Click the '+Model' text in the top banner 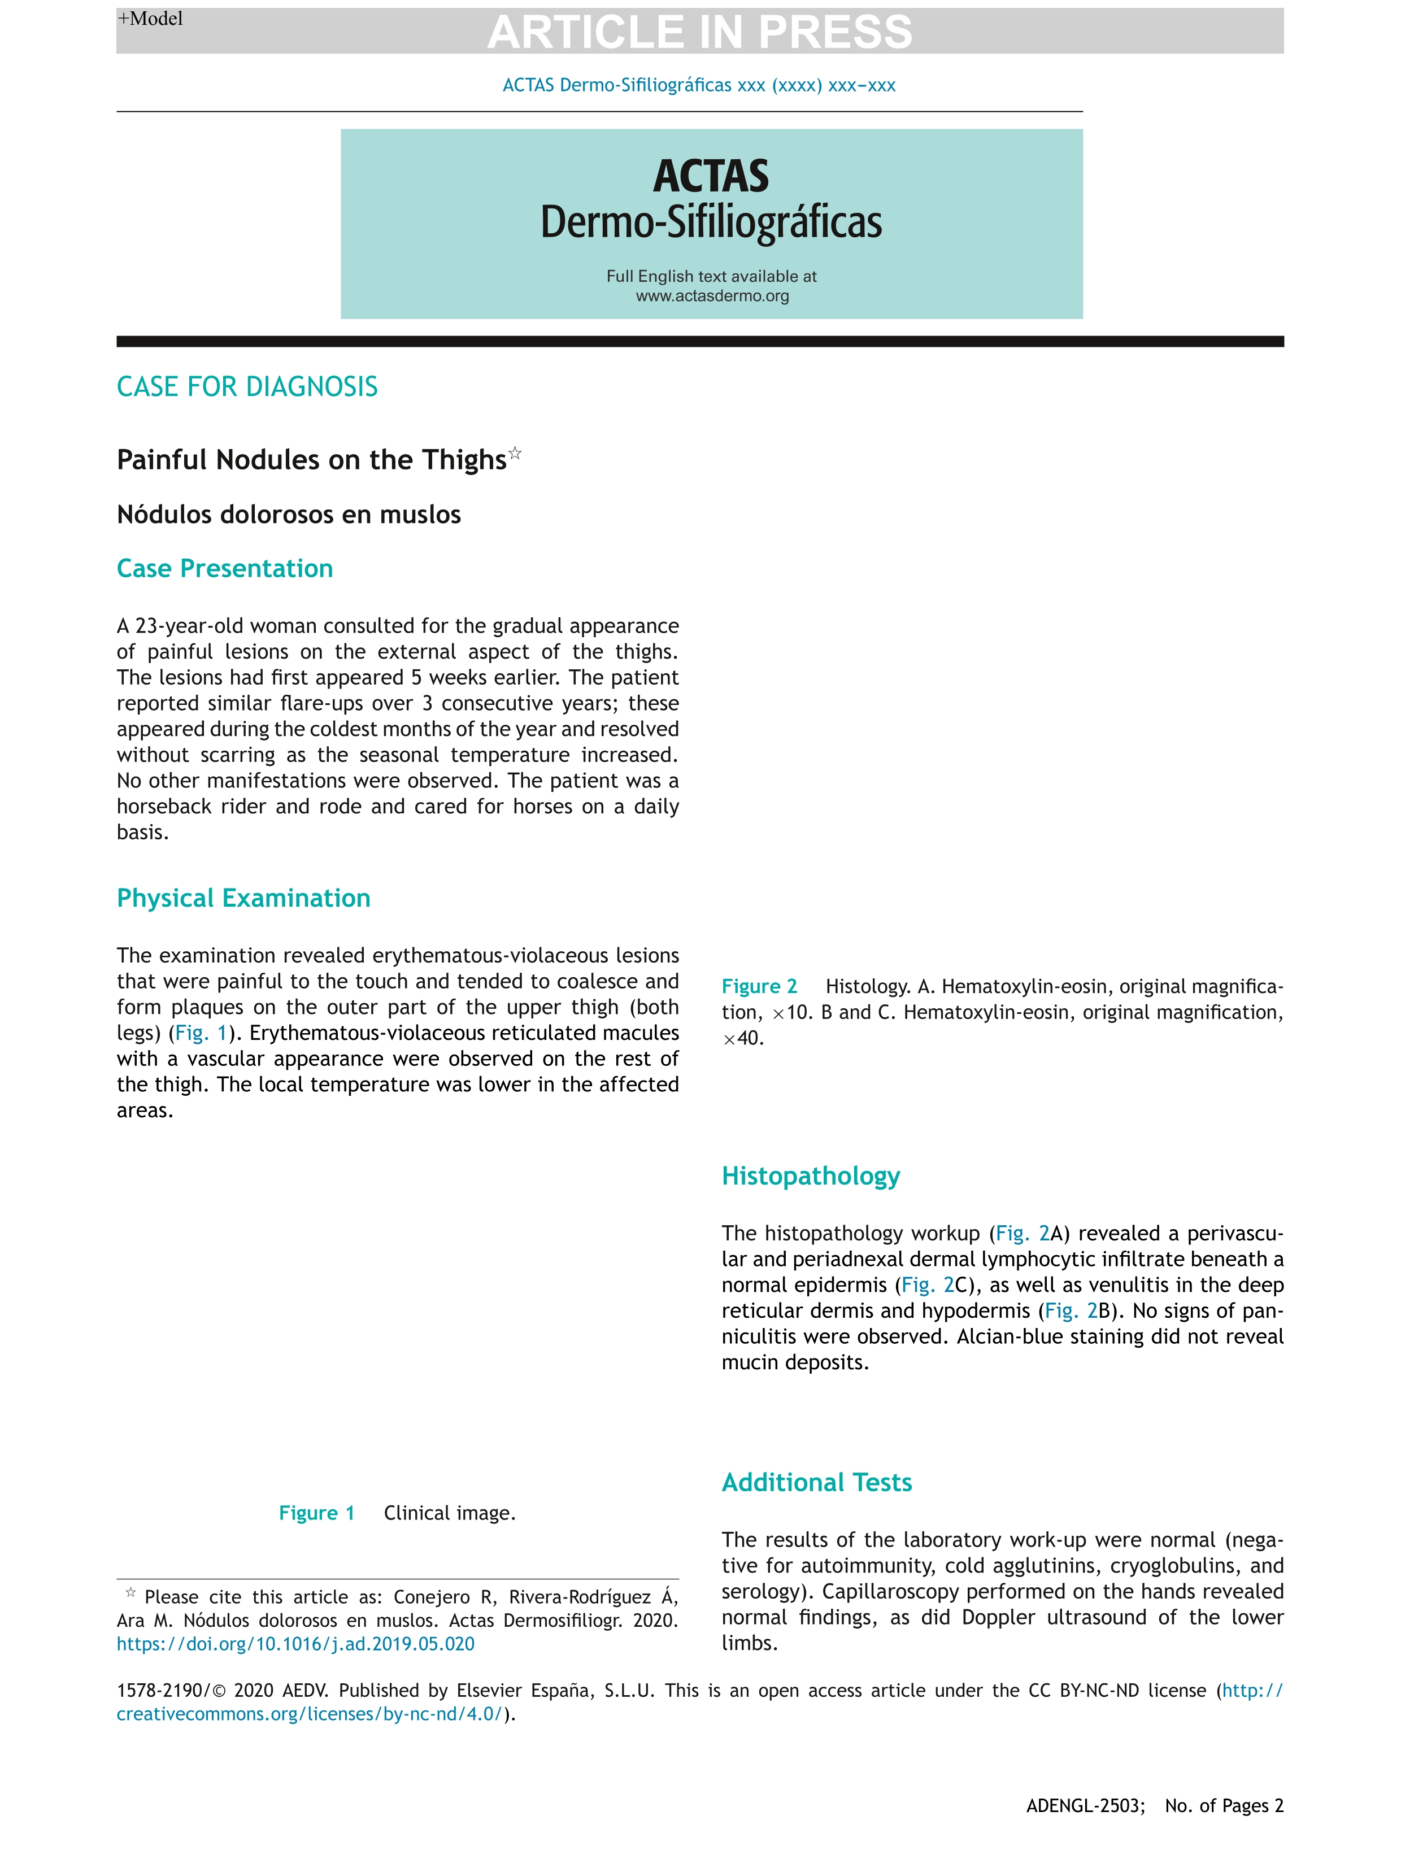(x=150, y=19)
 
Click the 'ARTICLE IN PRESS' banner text (x=699, y=32)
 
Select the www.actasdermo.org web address (x=712, y=297)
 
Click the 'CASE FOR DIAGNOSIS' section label (x=247, y=387)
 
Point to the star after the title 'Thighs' (x=515, y=454)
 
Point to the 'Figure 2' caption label (x=758, y=986)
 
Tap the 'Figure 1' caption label (x=317, y=1513)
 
